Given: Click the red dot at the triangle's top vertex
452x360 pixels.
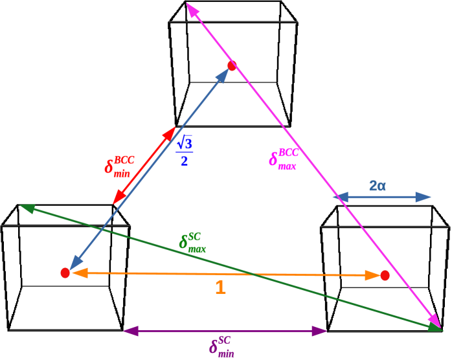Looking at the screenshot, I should pyautogui.click(x=232, y=65).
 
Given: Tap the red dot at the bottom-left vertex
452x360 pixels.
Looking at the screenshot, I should pyautogui.click(x=65, y=273).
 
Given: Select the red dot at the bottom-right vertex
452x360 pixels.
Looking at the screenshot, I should pyautogui.click(x=385, y=275).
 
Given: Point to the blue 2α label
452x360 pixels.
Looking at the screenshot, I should pyautogui.click(x=378, y=186).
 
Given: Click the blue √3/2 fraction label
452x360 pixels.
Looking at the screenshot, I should pyautogui.click(x=185, y=150).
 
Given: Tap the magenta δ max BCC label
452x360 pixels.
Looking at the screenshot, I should pyautogui.click(x=284, y=157).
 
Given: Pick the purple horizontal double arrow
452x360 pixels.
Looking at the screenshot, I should pyautogui.click(x=225, y=331).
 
